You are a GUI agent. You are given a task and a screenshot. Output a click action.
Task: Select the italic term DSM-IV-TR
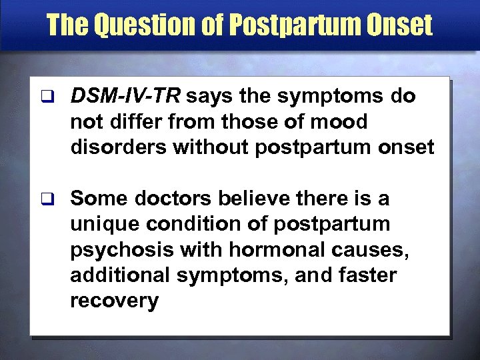coord(126,97)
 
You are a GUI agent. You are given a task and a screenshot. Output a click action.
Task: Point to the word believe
coord(256,198)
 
